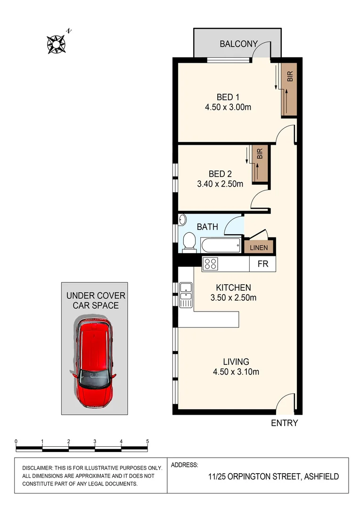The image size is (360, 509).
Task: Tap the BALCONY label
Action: click(x=238, y=44)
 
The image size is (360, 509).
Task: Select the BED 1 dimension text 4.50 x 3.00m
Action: click(x=228, y=107)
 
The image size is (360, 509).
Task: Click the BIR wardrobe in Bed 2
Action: click(x=259, y=164)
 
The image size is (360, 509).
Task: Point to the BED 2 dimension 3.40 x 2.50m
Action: click(x=220, y=184)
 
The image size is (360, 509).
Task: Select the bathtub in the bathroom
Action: click(x=221, y=246)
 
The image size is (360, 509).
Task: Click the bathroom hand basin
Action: click(x=183, y=220)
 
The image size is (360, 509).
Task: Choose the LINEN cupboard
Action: click(x=259, y=247)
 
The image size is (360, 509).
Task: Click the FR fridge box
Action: click(x=262, y=264)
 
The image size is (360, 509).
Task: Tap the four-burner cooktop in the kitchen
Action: click(x=210, y=264)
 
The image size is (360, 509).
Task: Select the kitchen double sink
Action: click(x=185, y=295)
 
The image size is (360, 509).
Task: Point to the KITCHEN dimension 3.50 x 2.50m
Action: click(x=233, y=298)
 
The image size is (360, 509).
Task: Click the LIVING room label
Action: click(x=236, y=362)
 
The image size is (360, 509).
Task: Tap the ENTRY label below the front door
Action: click(x=284, y=423)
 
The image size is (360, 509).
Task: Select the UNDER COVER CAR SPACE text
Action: click(x=96, y=300)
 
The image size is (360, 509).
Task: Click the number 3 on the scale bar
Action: click(x=95, y=442)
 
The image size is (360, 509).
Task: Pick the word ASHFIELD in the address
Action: click(x=321, y=476)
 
